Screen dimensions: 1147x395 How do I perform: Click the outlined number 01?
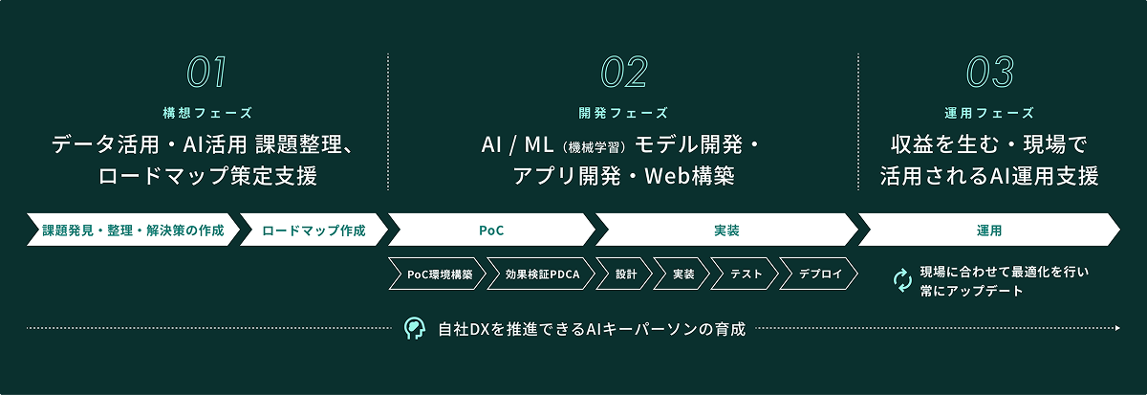206,72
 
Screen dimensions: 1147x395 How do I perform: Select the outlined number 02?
624,72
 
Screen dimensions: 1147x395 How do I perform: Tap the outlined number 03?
990,72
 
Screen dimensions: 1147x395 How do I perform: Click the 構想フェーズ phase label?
207,113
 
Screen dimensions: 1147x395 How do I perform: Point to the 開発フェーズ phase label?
623,113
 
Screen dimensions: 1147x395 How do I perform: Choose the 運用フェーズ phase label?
989,113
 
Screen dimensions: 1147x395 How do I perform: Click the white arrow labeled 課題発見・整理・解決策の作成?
133,230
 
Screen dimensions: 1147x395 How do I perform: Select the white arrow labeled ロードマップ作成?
314,230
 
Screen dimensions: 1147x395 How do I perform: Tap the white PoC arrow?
491,230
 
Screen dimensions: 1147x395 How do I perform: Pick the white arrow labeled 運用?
989,230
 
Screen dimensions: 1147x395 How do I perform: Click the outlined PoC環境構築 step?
438,274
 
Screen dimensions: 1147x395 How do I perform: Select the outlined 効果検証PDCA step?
541,274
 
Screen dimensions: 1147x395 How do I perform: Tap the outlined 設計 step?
625,274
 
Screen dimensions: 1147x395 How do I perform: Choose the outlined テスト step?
745,274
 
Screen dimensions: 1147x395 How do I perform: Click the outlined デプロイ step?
819,274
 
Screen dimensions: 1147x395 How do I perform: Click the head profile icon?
414,328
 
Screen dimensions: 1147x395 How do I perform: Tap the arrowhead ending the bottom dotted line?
1117,328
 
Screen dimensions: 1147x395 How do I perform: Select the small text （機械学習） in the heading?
594,147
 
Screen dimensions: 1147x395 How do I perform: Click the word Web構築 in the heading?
690,176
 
